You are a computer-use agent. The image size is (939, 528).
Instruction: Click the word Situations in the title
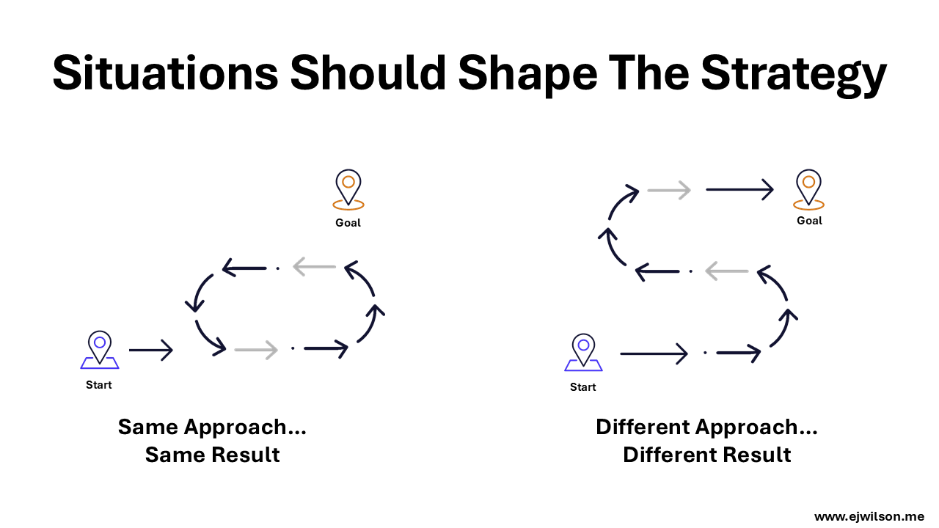(x=164, y=73)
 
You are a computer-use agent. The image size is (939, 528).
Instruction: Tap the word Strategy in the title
(x=793, y=73)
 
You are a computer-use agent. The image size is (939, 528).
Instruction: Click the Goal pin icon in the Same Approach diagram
(x=348, y=189)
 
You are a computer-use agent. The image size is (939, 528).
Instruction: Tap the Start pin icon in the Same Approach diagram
(x=99, y=349)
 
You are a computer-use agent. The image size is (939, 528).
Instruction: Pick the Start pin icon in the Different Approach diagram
(x=583, y=352)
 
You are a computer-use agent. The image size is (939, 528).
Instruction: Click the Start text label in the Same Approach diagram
(x=99, y=385)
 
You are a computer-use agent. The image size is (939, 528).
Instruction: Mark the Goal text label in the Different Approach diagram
(x=809, y=221)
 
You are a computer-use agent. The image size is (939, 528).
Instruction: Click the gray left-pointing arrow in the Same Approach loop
(x=314, y=267)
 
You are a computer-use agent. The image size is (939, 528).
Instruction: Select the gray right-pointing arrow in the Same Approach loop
(x=256, y=351)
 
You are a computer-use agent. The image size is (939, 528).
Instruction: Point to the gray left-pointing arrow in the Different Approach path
(x=726, y=271)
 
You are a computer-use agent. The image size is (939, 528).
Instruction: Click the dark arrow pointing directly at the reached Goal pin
(x=739, y=190)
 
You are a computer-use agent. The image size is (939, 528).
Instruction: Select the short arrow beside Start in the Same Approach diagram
(x=150, y=351)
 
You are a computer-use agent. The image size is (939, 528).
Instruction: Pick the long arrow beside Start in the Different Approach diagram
(x=653, y=354)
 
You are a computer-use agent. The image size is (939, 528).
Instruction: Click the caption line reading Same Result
(x=212, y=455)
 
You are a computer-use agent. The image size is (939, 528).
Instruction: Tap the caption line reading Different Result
(x=706, y=455)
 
